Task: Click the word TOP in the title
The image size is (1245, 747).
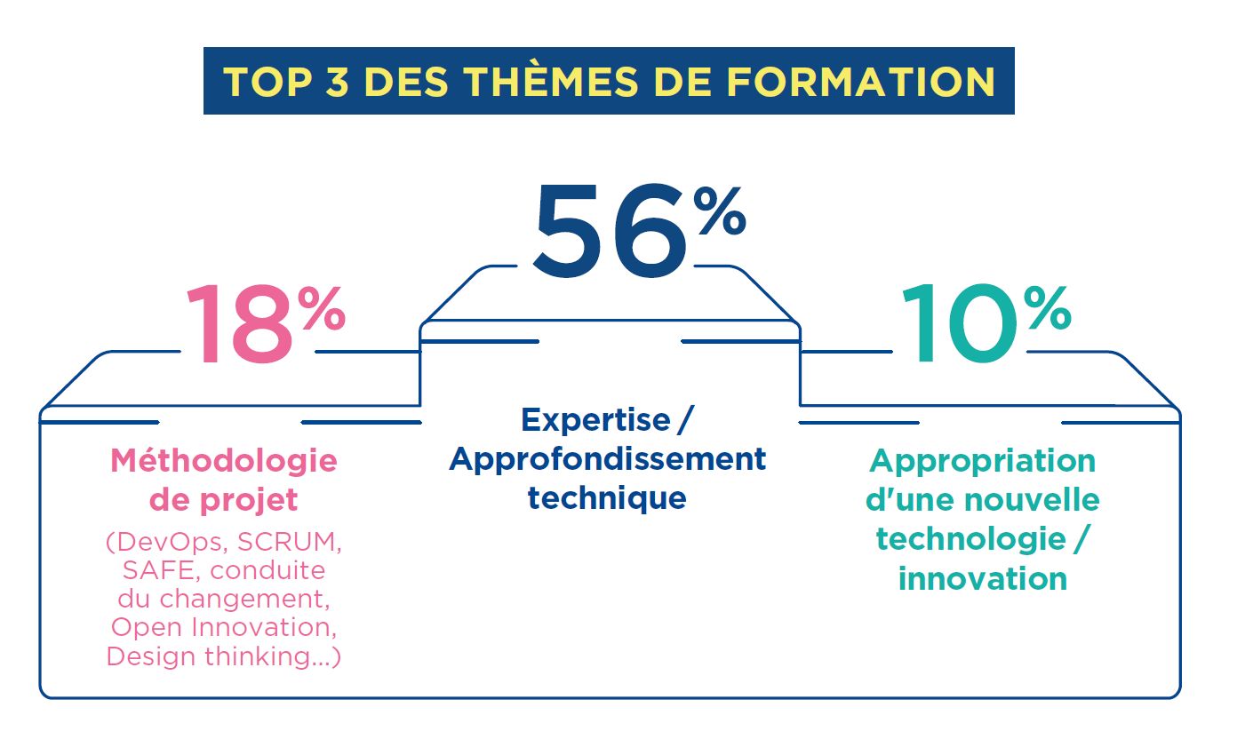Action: [267, 82]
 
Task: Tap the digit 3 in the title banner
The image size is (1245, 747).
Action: [336, 82]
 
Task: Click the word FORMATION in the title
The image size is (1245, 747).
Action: [861, 82]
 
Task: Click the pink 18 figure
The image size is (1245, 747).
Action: [239, 324]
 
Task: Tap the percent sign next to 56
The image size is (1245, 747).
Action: [720, 211]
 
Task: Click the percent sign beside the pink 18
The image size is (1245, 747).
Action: [322, 308]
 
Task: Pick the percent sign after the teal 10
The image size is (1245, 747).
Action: [1047, 308]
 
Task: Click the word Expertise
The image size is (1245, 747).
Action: [595, 420]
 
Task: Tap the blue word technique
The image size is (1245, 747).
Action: [607, 498]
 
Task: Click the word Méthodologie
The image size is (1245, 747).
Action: [224, 461]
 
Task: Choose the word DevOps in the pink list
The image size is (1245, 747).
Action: [167, 542]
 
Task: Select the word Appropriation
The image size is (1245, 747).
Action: [983, 462]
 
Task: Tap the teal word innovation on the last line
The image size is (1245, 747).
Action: [983, 579]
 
